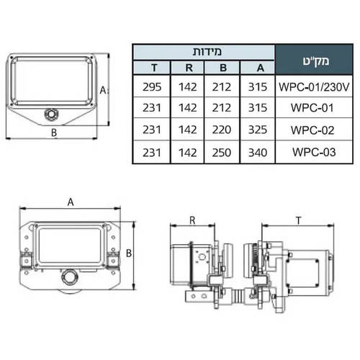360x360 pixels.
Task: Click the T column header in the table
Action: [154, 68]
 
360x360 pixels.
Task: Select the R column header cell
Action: [189, 68]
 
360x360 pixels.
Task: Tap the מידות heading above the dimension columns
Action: [207, 52]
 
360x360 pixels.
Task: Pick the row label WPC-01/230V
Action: [314, 87]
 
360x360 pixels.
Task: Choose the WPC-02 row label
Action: [312, 130]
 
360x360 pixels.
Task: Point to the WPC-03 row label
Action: [314, 152]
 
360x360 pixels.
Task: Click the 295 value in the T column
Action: [152, 87]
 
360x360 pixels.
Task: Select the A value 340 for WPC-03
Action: [258, 153]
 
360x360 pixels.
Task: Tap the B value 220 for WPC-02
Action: [222, 130]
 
